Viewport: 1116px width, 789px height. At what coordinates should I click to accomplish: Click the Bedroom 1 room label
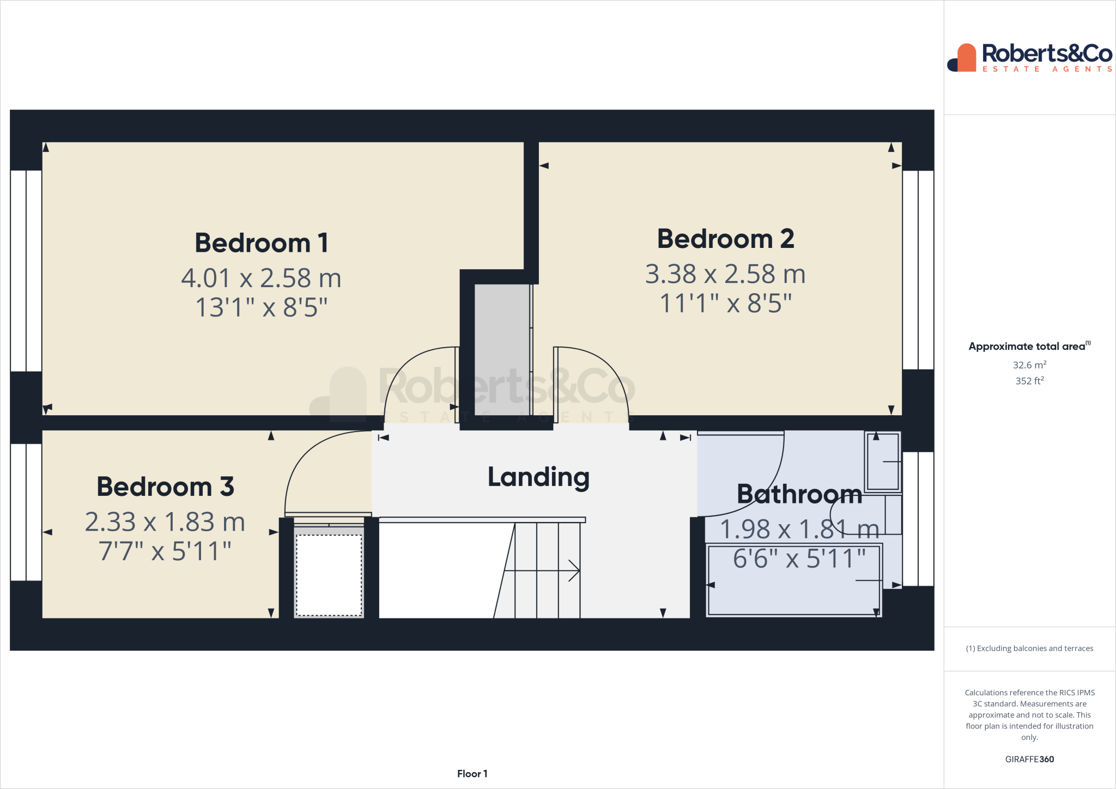click(x=262, y=243)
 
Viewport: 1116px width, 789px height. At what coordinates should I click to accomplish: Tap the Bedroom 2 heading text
click(x=725, y=239)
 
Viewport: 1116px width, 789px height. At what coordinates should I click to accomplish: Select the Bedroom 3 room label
click(x=165, y=487)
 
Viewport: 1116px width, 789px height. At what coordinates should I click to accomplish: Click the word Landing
click(x=538, y=477)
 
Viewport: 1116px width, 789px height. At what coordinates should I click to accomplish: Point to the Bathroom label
click(x=799, y=495)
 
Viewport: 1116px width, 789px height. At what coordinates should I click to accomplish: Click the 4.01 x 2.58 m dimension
click(x=261, y=278)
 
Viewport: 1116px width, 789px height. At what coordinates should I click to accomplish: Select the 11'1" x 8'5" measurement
click(x=725, y=304)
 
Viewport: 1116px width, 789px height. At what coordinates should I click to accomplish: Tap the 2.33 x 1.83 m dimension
click(x=165, y=522)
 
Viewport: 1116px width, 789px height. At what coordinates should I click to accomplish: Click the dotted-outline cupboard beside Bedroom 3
click(x=329, y=575)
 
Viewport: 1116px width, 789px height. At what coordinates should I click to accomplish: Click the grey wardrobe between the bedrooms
click(x=501, y=349)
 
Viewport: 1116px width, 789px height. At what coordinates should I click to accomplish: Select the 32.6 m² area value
click(x=1029, y=365)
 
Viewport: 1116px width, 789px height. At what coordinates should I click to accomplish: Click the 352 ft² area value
click(x=1029, y=381)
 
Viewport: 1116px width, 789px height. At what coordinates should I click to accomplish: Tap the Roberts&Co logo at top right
click(x=1029, y=57)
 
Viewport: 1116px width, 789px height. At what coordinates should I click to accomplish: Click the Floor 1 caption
click(x=472, y=774)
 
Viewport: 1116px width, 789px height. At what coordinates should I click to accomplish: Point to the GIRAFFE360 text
click(x=1029, y=759)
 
